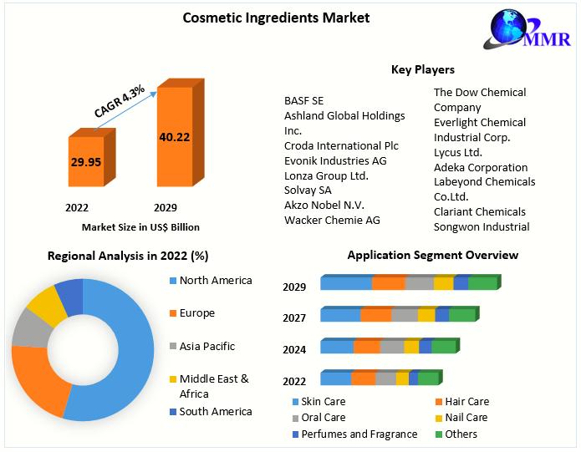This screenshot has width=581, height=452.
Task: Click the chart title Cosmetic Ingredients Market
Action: click(x=276, y=17)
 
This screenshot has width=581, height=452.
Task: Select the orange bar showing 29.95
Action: click(x=85, y=161)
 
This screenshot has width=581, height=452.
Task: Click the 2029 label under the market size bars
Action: click(x=166, y=207)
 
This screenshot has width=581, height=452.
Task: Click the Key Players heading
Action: click(x=423, y=69)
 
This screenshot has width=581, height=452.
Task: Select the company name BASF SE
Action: click(x=304, y=100)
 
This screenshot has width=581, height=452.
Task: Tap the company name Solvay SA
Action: click(x=308, y=190)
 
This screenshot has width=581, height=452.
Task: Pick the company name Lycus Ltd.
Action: click(x=457, y=152)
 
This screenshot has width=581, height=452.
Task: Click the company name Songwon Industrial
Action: click(x=481, y=226)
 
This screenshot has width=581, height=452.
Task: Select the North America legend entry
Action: click(x=215, y=280)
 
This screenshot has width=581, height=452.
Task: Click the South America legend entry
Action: click(x=215, y=411)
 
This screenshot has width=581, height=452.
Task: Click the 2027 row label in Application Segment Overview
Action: click(x=294, y=317)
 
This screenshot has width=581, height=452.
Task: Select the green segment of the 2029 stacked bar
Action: click(x=482, y=282)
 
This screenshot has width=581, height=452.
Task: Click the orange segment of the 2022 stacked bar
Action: click(x=363, y=378)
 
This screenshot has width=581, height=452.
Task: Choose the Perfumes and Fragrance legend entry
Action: click(x=359, y=434)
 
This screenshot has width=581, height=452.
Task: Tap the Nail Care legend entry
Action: click(x=466, y=417)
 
